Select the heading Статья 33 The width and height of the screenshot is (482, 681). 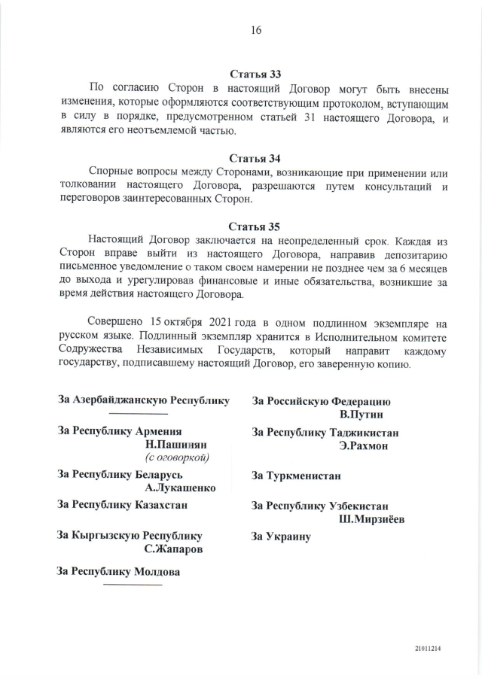[255, 74]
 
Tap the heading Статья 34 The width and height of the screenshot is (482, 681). [255, 158]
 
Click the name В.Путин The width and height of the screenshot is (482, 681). [361, 415]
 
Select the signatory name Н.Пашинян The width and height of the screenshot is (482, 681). [177, 445]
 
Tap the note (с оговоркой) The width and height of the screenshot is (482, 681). [177, 458]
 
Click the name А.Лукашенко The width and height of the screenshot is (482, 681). [180, 488]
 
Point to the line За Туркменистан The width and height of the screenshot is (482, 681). [296, 476]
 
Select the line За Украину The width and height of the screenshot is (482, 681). [281, 537]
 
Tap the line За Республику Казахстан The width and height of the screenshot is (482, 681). [123, 505]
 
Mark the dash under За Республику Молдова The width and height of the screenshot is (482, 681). [132, 584]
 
